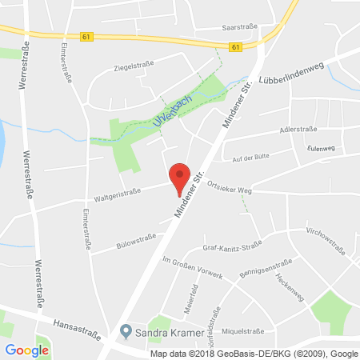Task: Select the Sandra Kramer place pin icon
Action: tap(125, 330)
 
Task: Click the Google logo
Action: tap(27, 350)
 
